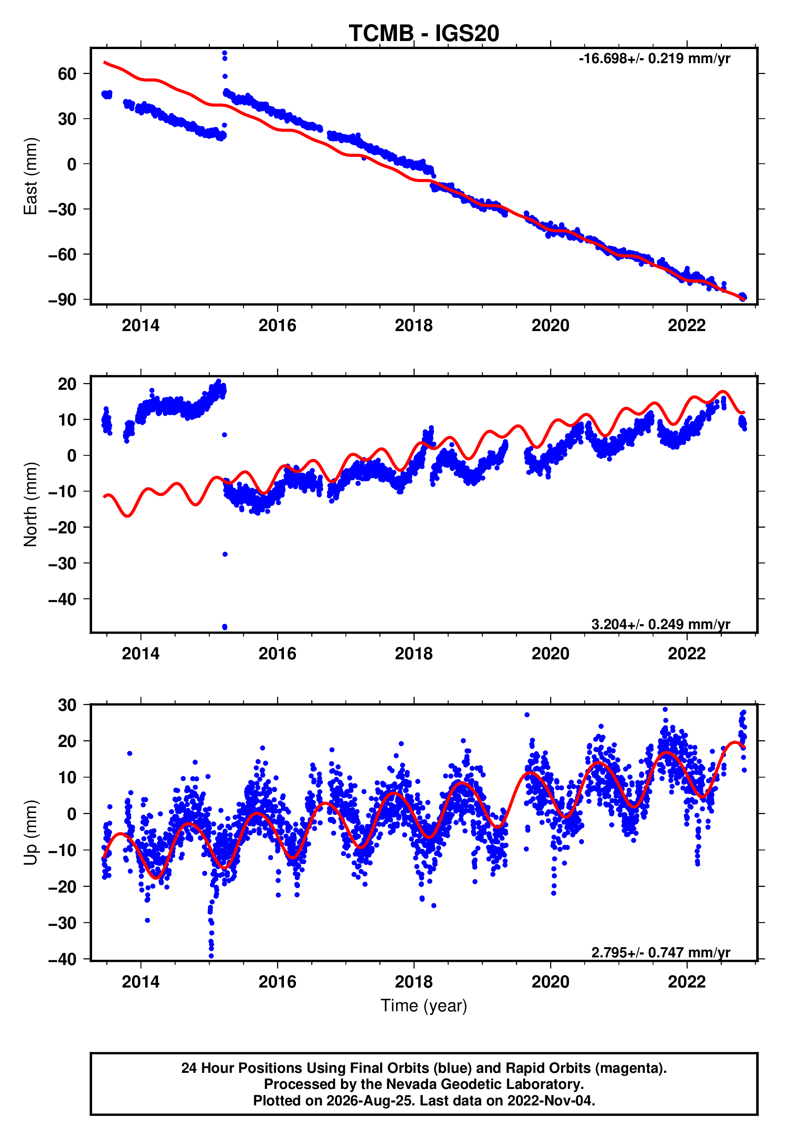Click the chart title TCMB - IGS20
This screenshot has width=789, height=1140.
[x=424, y=33]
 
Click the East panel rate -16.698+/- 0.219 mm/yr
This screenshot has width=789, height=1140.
[x=655, y=59]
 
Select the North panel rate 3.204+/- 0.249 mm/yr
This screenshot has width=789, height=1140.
[x=661, y=624]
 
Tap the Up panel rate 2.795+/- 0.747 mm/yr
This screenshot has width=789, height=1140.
[x=661, y=952]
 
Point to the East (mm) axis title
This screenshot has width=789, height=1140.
[x=31, y=176]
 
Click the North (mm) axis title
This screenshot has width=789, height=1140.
[x=31, y=504]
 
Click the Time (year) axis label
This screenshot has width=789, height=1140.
[x=424, y=1006]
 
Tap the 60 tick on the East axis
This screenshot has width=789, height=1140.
[x=67, y=74]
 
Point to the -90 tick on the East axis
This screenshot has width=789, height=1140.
[x=62, y=300]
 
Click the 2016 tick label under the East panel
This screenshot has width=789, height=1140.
[x=277, y=325]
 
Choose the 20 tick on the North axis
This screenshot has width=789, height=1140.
[x=67, y=384]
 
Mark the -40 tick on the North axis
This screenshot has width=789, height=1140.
[x=62, y=599]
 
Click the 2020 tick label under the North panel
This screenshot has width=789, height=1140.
[x=550, y=654]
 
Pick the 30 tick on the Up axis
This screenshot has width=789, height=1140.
[x=67, y=705]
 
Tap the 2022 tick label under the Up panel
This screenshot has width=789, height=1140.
[x=687, y=982]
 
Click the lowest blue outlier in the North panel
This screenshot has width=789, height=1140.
[x=225, y=627]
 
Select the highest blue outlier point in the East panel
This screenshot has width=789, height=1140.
[x=224, y=53]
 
